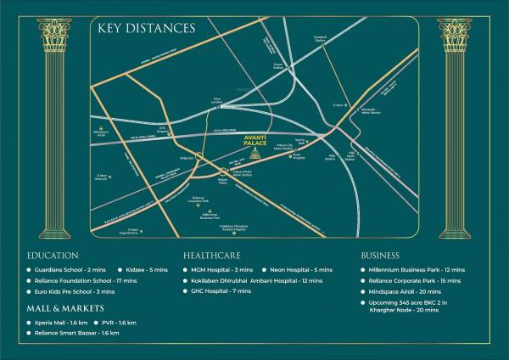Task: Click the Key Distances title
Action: [147, 29]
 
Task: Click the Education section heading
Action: [53, 255]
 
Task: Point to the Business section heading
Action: [380, 255]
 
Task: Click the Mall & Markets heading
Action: [65, 307]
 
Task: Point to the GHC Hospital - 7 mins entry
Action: [222, 291]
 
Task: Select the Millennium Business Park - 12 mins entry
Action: [417, 269]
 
